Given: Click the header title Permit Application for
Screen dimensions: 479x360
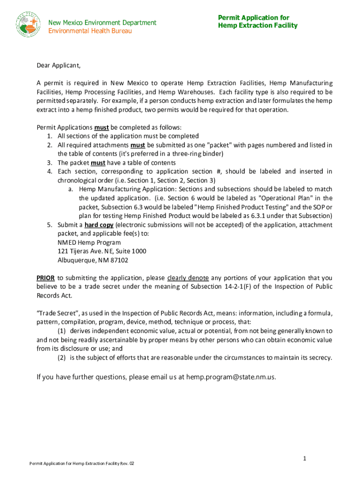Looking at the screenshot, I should (253, 18).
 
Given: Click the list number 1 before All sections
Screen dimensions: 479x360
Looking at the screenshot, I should (50, 136).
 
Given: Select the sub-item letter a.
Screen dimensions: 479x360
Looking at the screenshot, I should (71, 189).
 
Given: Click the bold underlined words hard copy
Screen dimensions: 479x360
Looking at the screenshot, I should (99, 225).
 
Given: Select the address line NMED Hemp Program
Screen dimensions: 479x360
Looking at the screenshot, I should (89, 242).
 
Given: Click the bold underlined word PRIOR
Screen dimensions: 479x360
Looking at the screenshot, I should (46, 278).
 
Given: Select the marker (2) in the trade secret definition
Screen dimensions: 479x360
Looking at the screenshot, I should (62, 358).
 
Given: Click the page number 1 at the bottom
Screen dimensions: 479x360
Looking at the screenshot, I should (304, 458).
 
